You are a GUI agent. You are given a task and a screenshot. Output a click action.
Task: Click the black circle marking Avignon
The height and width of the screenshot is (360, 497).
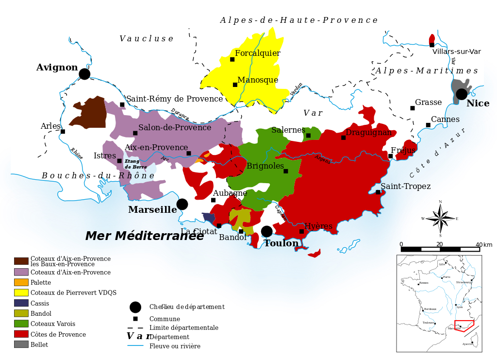tap(84, 74)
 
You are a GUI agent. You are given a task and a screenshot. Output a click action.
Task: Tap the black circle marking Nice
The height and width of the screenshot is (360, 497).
tap(462, 94)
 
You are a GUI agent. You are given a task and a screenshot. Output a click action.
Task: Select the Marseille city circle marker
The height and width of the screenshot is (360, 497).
tap(182, 204)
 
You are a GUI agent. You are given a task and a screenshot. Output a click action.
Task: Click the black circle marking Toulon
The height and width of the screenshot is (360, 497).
tap(267, 231)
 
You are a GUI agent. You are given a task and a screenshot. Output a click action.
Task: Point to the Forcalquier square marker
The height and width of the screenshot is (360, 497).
tap(232, 59)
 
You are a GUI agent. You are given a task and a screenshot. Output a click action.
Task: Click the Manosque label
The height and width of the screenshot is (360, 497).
tap(258, 80)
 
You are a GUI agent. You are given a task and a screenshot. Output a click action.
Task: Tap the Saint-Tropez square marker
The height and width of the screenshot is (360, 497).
tap(378, 192)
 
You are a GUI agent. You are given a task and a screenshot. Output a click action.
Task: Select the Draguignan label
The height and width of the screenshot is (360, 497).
tap(368, 133)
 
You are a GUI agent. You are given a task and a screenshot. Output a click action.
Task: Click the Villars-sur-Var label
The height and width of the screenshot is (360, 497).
tap(456, 51)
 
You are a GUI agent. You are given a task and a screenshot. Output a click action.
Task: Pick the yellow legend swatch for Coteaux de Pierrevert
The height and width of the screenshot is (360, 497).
tap(21, 292)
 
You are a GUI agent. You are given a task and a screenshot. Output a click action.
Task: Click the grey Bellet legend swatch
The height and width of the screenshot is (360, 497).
tap(21, 344)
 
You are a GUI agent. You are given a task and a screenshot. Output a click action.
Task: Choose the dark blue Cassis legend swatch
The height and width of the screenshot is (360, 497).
tap(21, 303)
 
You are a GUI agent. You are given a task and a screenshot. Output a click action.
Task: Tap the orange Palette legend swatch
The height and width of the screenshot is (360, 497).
tap(21, 282)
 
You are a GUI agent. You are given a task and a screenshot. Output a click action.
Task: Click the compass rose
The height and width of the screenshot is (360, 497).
tap(440, 219)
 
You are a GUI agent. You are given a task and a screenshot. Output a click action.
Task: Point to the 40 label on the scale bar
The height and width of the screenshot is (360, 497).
tap(479, 244)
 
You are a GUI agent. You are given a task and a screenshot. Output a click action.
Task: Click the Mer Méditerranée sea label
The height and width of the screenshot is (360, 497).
tap(145, 236)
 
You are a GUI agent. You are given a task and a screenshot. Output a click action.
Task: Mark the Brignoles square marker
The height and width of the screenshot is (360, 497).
tap(286, 171)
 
